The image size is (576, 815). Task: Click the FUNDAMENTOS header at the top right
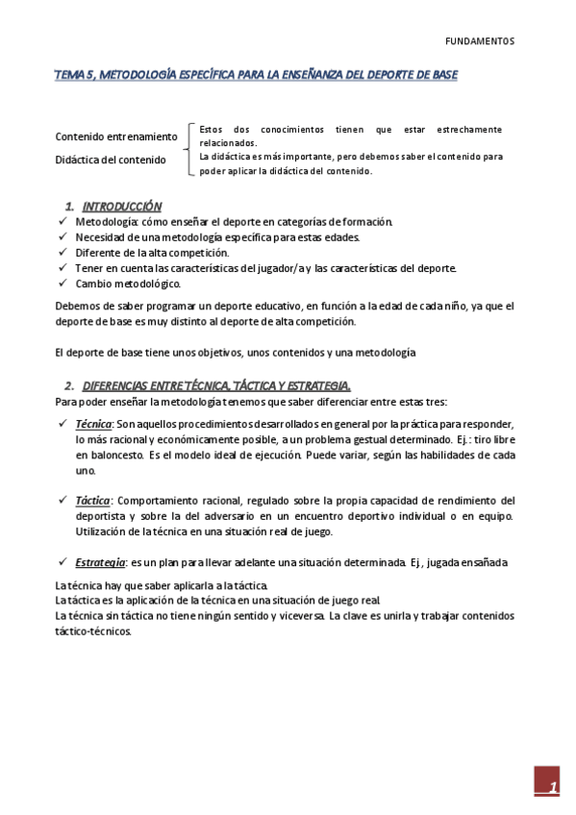(480, 41)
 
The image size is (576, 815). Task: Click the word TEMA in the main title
(69, 74)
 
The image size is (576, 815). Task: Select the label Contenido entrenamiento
(116, 136)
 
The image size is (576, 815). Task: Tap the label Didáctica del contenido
(111, 160)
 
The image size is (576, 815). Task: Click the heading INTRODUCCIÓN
(122, 207)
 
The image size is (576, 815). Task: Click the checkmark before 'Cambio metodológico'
(62, 284)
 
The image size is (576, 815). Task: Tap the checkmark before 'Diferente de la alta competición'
(62, 253)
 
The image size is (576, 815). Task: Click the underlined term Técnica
(93, 424)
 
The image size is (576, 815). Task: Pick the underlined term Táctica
(92, 500)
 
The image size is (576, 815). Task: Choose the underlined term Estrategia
(99, 561)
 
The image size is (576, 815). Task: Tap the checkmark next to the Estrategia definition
(62, 561)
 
